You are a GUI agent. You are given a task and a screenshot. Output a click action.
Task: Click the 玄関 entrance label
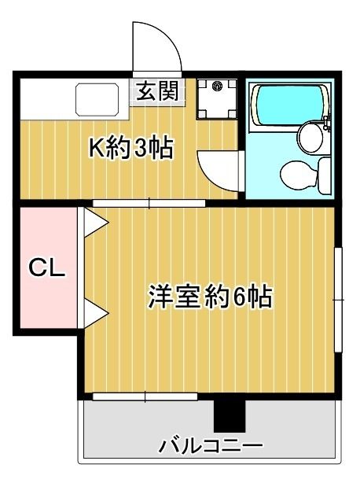click(x=157, y=91)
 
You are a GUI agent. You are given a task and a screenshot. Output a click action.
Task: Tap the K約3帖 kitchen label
click(x=131, y=148)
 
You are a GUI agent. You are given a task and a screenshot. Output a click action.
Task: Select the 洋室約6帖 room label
click(x=211, y=297)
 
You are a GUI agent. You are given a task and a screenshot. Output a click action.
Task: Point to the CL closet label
click(x=47, y=267)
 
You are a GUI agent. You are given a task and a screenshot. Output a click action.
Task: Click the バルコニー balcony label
click(x=211, y=446)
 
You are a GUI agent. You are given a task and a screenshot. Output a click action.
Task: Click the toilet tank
click(x=325, y=175)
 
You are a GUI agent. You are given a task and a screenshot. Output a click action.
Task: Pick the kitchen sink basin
click(x=97, y=99)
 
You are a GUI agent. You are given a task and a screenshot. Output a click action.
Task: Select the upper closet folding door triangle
click(x=96, y=222)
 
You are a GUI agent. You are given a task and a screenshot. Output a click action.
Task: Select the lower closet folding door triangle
click(x=96, y=314)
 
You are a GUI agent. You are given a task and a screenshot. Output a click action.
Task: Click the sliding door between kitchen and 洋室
click(x=149, y=203)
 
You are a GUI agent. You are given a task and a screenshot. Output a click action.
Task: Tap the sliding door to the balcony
click(x=145, y=396)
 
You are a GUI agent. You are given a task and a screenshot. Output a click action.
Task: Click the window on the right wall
click(x=339, y=300)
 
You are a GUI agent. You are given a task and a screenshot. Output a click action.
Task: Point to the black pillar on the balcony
click(x=230, y=416)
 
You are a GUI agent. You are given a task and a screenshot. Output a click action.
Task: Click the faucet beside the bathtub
click(x=328, y=122)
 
